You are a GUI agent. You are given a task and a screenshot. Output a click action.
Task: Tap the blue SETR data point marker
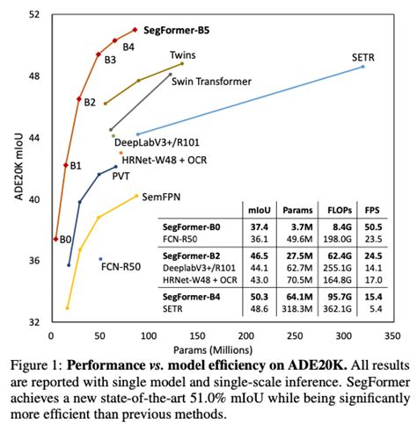click(363, 66)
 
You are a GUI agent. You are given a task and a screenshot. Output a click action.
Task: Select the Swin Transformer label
click(211, 82)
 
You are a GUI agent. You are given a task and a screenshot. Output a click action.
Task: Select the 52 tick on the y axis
click(36, 15)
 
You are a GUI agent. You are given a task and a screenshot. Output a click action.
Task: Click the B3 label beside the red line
click(110, 60)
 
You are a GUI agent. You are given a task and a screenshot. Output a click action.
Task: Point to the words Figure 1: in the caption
click(34, 364)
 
